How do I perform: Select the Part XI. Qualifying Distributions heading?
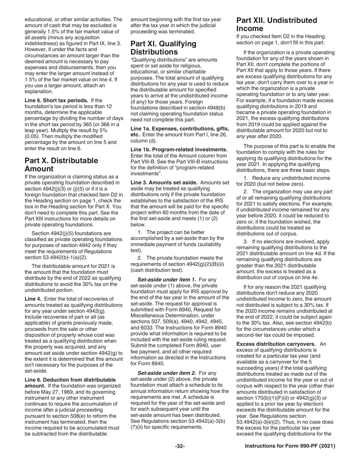pos(163,47)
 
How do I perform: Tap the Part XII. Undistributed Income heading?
pos(277,24)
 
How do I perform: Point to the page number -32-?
pos(180,446)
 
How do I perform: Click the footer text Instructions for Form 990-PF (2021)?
pos(290,446)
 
